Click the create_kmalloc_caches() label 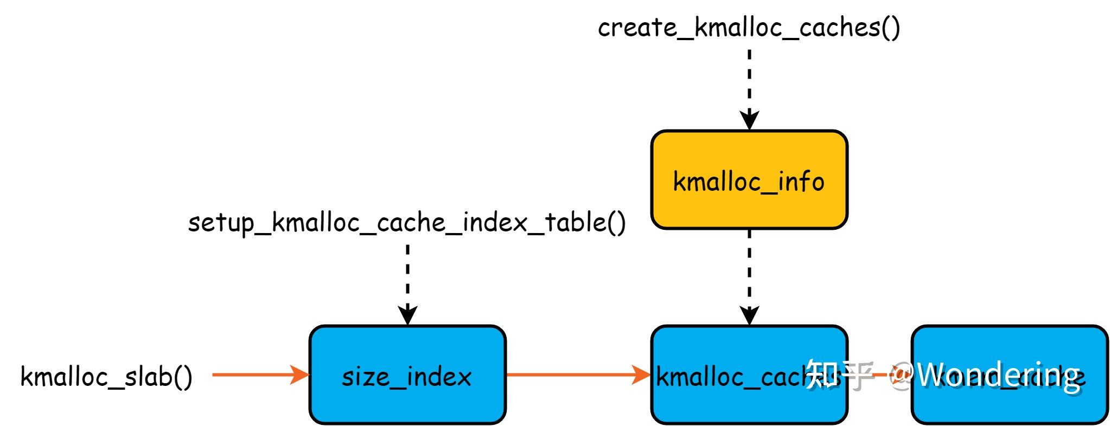tap(749, 27)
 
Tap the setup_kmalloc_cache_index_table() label tap(407, 222)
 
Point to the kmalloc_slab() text tap(106, 376)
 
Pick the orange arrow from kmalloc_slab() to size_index tap(255, 375)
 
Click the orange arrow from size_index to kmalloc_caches tap(570, 375)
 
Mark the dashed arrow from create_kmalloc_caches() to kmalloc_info tap(749, 81)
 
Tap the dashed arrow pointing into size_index tap(407, 276)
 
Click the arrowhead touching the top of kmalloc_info tap(749, 120)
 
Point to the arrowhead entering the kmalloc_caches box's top tap(749, 315)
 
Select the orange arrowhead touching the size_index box tap(299, 375)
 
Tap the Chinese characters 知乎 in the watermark tap(838, 374)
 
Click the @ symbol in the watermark tap(901, 373)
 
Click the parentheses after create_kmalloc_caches tap(891, 27)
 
